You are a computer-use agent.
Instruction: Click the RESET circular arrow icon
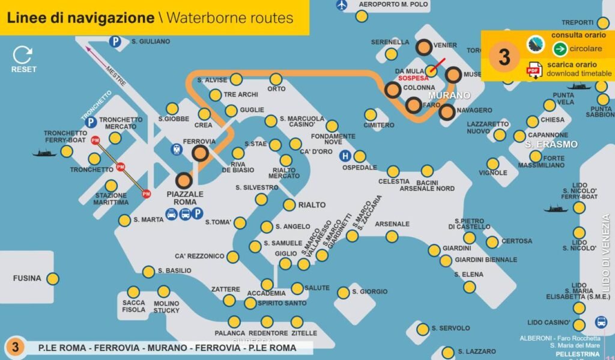click(23, 55)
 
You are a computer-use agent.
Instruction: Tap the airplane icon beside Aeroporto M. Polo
click(342, 5)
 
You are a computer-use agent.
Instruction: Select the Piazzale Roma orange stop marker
click(183, 180)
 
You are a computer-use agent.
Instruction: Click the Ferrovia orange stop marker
click(200, 154)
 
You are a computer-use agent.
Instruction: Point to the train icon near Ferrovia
click(177, 150)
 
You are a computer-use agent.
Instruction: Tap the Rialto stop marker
click(289, 205)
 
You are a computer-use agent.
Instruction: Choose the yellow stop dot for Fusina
click(53, 278)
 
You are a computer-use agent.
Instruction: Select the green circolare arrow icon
click(560, 49)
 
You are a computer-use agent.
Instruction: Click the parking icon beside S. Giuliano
click(115, 41)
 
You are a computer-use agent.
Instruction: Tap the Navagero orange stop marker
click(446, 112)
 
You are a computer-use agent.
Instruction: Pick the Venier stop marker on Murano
click(424, 47)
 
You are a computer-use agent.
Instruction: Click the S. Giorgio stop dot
click(343, 293)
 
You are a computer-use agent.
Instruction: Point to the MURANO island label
click(449, 96)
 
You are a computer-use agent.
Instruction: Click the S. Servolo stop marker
click(423, 329)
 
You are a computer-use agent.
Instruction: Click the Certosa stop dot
click(492, 242)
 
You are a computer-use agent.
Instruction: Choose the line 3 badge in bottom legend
click(16, 347)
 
